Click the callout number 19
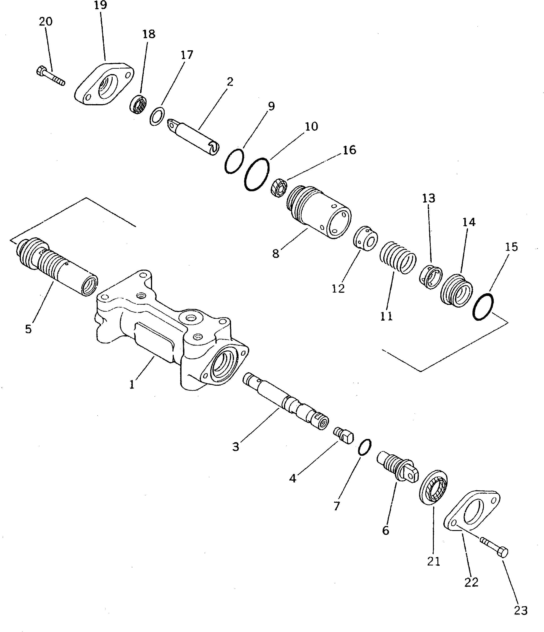100,5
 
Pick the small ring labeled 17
157,116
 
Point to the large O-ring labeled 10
257,174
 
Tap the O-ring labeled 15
483,307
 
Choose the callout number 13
428,198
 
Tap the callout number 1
132,385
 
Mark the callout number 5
28,329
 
